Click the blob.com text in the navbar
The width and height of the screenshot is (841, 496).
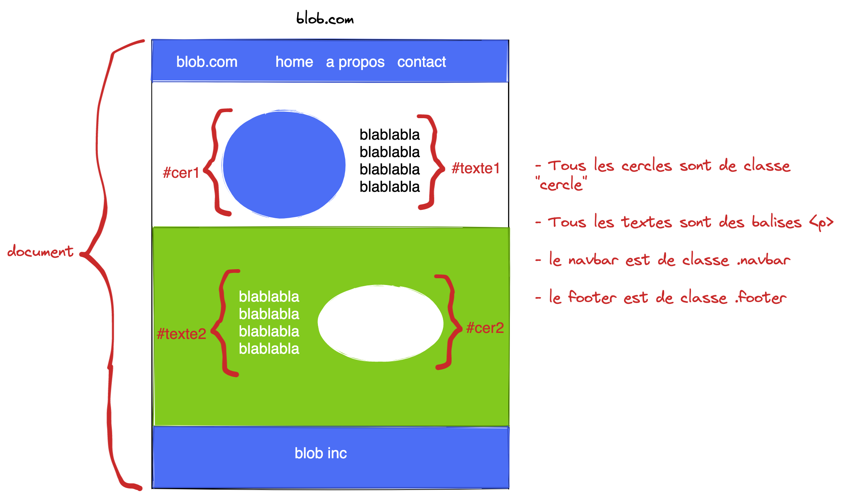207,62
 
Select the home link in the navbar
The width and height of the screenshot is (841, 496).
294,62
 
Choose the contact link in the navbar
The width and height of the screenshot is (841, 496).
421,62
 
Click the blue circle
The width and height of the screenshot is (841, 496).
284,165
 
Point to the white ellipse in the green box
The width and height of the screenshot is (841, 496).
380,323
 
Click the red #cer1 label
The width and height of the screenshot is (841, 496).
181,173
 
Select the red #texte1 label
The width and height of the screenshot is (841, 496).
475,168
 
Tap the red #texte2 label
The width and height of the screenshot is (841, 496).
181,334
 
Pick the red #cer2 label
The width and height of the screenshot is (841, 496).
485,328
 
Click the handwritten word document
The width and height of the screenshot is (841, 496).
40,251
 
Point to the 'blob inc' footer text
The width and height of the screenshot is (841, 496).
321,453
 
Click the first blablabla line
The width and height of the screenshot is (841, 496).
269,297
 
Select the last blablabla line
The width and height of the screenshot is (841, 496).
269,349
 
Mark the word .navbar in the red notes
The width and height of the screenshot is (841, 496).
764,260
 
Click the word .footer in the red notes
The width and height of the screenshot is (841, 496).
760,297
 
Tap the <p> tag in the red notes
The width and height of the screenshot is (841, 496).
821,223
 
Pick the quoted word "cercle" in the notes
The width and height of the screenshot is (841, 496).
561,185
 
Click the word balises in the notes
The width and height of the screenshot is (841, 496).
776,222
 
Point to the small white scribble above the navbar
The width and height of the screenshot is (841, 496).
297,17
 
